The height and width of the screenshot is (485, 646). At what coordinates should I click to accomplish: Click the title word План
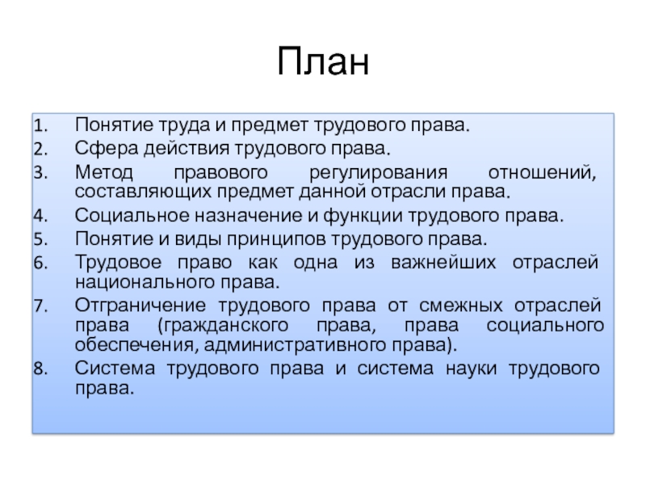323,61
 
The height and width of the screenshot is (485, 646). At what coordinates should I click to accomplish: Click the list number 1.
40,125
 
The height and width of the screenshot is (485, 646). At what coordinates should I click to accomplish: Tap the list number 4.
40,216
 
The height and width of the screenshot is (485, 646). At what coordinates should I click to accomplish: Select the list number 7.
40,306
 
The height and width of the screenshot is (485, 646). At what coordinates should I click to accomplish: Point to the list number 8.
40,369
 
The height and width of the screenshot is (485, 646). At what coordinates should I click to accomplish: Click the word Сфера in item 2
107,149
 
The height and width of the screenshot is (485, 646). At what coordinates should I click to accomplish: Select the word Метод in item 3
104,172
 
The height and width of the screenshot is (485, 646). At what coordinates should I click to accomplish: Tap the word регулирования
378,173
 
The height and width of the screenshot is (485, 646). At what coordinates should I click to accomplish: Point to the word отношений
542,173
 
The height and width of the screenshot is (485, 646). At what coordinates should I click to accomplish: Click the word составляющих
144,192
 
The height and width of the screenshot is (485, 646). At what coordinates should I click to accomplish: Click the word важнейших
443,262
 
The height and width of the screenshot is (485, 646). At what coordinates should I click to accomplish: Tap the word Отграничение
140,306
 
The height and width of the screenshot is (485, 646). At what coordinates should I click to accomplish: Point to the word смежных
461,306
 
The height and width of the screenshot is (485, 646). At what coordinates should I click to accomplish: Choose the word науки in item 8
471,369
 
